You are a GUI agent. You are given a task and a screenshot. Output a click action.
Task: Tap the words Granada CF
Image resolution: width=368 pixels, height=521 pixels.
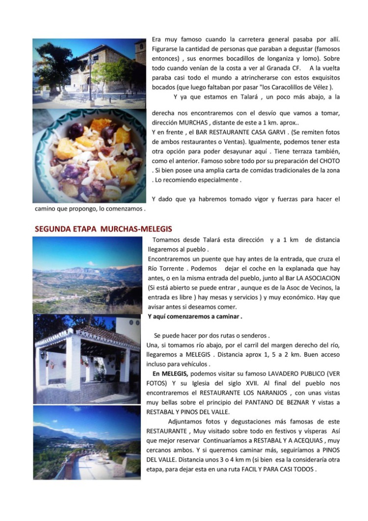(x=284, y=68)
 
